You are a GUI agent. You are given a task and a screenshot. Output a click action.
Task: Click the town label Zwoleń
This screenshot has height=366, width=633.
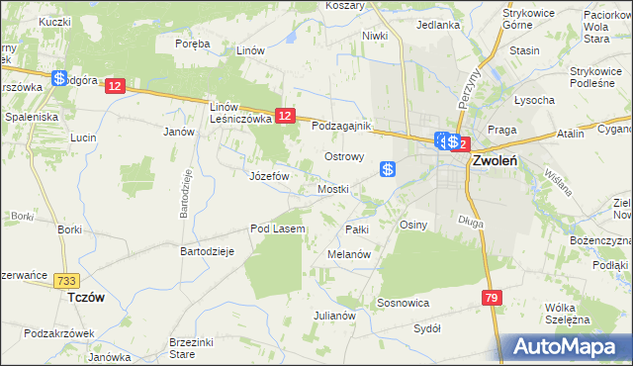496,160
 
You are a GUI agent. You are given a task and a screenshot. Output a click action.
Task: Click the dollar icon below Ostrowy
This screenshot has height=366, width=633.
389,170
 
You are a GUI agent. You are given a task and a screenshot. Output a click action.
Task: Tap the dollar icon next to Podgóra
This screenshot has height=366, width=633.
60,78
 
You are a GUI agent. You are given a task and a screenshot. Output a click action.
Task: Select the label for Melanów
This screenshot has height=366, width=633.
348,254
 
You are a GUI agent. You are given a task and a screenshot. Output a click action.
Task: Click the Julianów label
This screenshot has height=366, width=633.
334,316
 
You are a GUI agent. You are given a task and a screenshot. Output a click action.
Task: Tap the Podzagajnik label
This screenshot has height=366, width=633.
340,127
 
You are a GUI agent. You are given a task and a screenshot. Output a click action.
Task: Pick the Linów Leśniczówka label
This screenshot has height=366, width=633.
240,112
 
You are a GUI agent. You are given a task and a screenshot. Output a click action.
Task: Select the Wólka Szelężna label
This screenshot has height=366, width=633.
567,313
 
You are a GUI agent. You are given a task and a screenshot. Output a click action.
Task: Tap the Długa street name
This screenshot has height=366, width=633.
471,223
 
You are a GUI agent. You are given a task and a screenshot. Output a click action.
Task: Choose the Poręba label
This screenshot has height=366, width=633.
193,44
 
